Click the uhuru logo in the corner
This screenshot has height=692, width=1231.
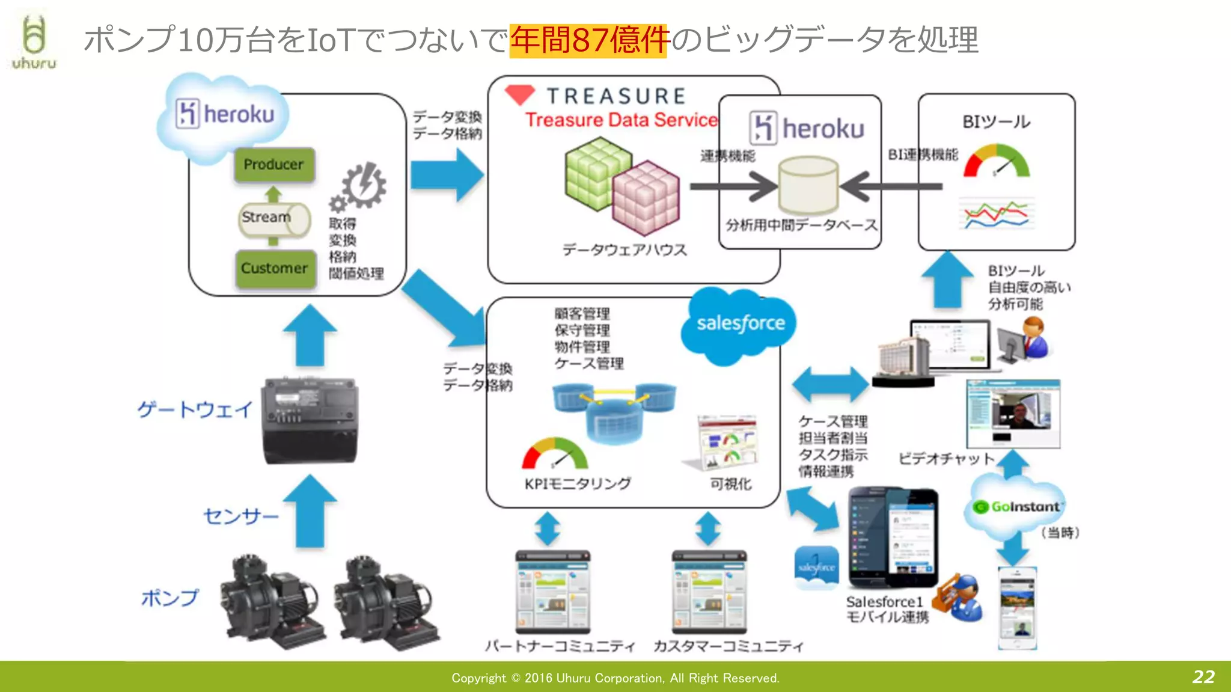point(34,42)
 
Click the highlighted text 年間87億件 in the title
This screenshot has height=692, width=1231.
point(588,40)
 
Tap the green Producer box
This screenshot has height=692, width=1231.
point(274,164)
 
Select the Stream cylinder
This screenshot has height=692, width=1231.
point(273,218)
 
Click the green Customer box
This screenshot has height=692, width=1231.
point(275,268)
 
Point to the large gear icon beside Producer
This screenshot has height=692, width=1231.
point(364,185)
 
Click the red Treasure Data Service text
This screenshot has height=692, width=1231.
point(621,120)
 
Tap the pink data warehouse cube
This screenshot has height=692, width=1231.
point(646,198)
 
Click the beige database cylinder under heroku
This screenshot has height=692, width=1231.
point(807,185)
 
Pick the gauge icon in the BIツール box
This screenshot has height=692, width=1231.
point(996,161)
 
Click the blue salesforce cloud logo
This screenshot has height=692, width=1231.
point(740,324)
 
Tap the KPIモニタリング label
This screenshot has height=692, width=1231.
point(577,484)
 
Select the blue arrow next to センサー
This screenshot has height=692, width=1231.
point(310,511)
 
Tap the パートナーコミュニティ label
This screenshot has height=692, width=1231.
point(560,646)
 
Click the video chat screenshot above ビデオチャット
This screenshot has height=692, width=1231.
point(1013,414)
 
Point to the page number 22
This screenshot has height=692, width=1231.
point(1203,677)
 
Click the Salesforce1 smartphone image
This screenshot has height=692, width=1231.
point(893,537)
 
